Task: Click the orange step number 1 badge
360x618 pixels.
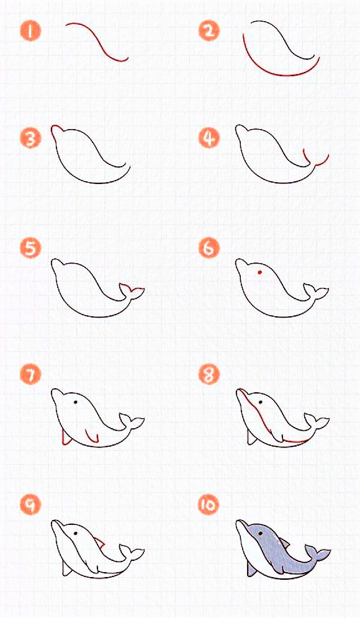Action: [30, 31]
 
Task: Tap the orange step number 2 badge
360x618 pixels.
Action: [209, 31]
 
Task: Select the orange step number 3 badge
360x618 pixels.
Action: [30, 138]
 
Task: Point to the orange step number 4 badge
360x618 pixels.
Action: [209, 138]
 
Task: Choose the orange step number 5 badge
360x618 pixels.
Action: [30, 248]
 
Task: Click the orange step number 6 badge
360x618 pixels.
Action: [209, 248]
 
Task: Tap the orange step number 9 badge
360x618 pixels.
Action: [30, 505]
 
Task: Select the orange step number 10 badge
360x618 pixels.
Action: [209, 505]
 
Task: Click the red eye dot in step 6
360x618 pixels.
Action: [260, 272]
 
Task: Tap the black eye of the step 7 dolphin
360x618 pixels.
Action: [75, 402]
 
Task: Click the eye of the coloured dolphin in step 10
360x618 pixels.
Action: [260, 533]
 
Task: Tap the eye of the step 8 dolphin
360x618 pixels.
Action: [260, 402]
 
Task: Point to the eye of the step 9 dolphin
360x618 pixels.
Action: [75, 533]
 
